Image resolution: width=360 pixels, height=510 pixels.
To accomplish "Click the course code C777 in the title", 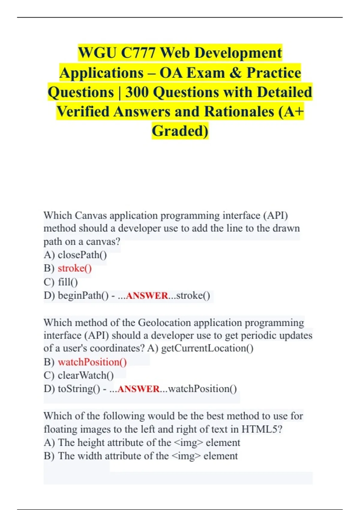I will click(x=138, y=53).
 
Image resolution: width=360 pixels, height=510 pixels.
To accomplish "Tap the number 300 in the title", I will click(x=137, y=92).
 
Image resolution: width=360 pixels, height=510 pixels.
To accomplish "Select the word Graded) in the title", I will click(x=180, y=131).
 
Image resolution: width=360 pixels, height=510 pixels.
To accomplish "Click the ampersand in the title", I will click(x=236, y=73).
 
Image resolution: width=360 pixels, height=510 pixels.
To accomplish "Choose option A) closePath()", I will click(x=75, y=255).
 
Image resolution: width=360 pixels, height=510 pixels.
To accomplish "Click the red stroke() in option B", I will click(x=75, y=268).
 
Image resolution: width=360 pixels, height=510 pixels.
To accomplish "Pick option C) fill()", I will click(x=61, y=282).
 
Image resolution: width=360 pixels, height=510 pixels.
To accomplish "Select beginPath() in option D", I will click(x=83, y=295).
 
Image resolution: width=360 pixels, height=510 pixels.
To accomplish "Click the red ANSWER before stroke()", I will click(x=147, y=296).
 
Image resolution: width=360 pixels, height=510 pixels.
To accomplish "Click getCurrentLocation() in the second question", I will click(x=207, y=348).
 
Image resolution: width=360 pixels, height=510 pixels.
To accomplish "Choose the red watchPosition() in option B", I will click(x=92, y=362).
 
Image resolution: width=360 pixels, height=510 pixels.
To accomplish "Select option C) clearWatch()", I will click(x=79, y=375).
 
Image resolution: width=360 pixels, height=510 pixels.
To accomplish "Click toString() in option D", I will click(x=79, y=389).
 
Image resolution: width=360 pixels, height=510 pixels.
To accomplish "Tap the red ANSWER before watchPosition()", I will click(x=139, y=389).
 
